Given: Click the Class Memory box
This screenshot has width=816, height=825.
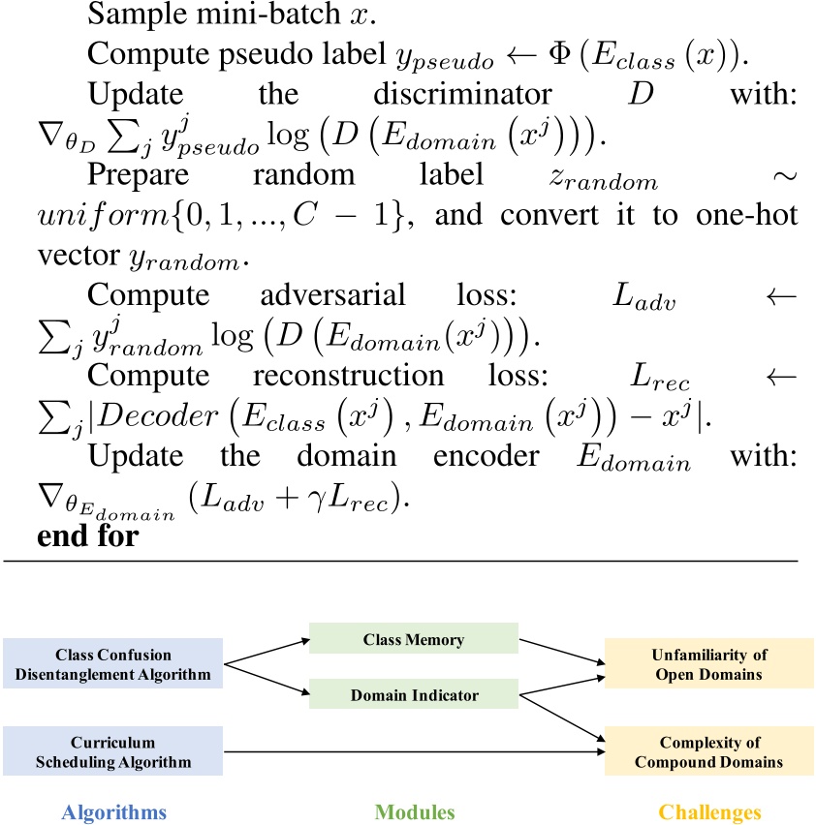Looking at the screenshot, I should click(414, 640).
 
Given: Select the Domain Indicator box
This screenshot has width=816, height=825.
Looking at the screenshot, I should click(414, 695).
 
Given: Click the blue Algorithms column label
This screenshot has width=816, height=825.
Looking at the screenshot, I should click(113, 812).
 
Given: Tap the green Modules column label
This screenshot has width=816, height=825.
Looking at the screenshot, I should click(414, 812).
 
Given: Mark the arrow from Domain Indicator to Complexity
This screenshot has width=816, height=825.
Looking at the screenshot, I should click(562, 720).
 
